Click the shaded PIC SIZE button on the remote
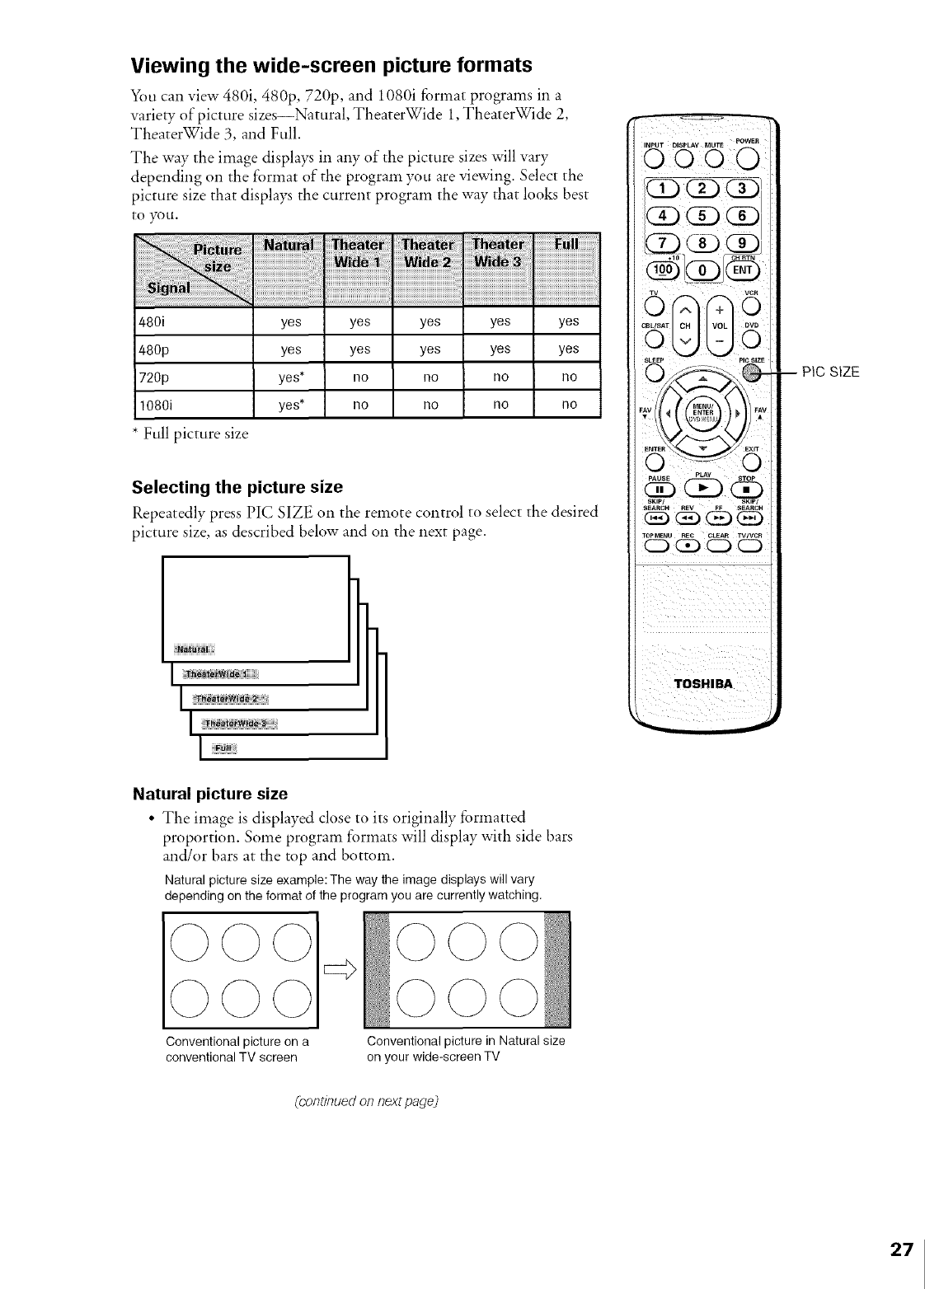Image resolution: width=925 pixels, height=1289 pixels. click(750, 373)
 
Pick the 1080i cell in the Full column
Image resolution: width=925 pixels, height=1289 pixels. click(568, 405)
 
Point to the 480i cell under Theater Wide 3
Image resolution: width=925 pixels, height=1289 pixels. click(500, 321)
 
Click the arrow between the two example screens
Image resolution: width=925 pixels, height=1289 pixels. click(339, 975)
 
